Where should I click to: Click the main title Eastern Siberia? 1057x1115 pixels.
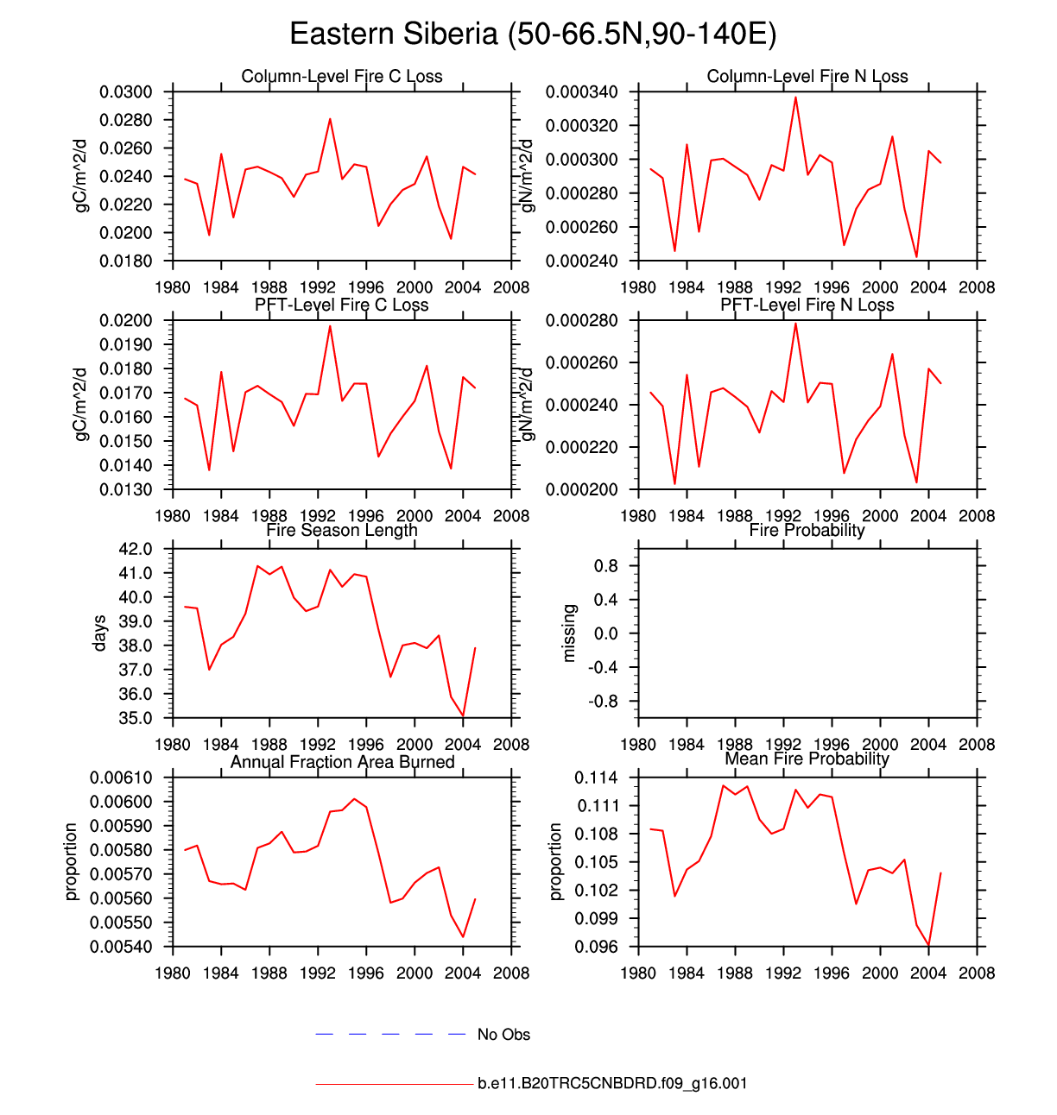(533, 34)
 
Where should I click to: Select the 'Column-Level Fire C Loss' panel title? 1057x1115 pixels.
(342, 76)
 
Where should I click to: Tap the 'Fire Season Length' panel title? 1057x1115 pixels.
(342, 530)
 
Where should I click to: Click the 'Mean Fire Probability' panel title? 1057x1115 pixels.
(807, 759)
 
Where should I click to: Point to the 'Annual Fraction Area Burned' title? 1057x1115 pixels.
(342, 762)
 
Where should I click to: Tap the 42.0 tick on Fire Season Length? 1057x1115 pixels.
(135, 549)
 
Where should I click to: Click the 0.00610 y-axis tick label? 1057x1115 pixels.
(121, 778)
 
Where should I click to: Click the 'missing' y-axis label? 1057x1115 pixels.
(568, 633)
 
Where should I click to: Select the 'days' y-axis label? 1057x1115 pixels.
(100, 633)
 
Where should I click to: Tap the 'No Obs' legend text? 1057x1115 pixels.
(503, 1034)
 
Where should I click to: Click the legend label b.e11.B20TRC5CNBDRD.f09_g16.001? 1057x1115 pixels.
(612, 1083)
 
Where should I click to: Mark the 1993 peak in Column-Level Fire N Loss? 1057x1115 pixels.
(795, 97)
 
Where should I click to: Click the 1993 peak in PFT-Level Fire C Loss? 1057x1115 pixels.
(330, 326)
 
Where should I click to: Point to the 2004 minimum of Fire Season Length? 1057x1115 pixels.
(463, 715)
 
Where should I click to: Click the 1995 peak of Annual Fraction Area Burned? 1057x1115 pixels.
(354, 799)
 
